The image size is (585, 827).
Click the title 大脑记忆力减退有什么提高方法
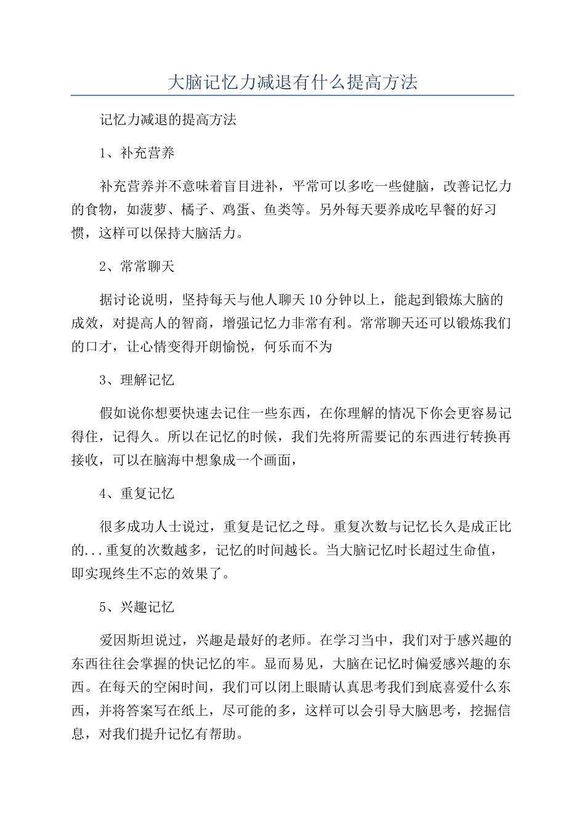tap(292, 82)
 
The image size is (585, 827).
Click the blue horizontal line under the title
tap(292, 95)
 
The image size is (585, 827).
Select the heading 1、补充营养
tap(137, 153)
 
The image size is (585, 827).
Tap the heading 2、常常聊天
tap(137, 266)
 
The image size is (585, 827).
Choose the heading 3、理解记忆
tap(137, 380)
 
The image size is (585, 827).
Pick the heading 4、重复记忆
tap(137, 493)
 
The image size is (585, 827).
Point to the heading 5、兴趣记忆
tap(137, 607)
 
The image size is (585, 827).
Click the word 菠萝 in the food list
tap(155, 210)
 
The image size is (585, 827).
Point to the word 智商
tap(196, 324)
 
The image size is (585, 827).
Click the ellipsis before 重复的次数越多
tap(95, 551)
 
